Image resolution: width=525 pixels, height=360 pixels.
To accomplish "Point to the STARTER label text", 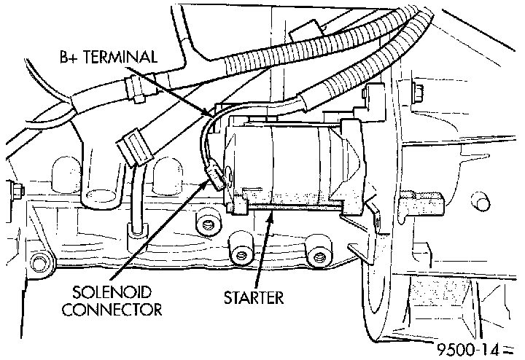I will [253, 297].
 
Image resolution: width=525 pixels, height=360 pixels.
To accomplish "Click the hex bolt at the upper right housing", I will [416, 92].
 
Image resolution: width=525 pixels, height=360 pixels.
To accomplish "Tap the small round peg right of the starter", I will [478, 198].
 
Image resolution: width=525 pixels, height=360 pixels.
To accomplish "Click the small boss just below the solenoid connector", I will [209, 222].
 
